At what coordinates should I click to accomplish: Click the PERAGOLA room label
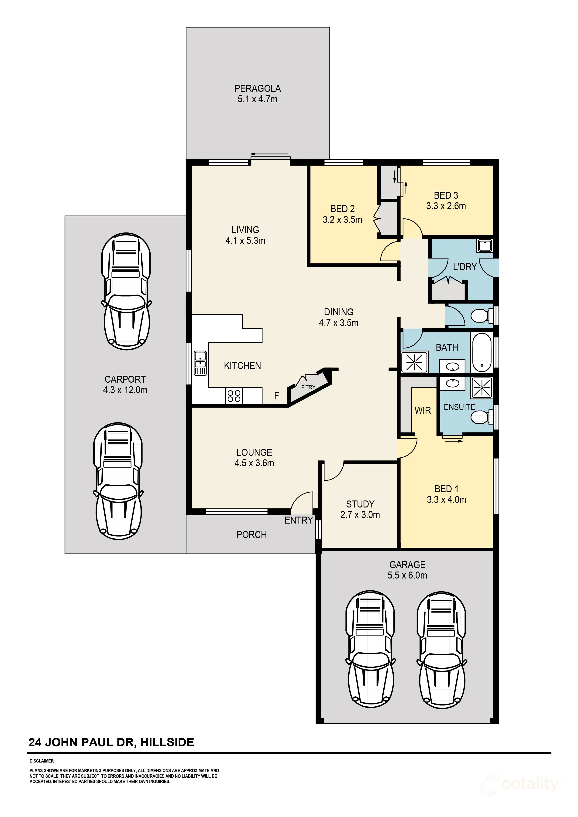pos(258,88)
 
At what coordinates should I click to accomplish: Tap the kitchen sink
pos(200,363)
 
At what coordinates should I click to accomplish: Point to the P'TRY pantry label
pos(308,387)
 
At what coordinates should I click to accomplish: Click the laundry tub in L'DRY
pos(485,245)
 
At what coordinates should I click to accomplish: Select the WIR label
pos(423,410)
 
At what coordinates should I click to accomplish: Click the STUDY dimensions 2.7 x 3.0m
pos(360,515)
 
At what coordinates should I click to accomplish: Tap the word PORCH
pos(252,534)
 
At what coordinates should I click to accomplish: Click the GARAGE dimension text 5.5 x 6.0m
pos(407,575)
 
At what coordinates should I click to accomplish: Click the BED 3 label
pos(446,195)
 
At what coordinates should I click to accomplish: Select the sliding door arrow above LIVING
pos(270,154)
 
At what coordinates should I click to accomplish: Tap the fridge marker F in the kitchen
pos(276,396)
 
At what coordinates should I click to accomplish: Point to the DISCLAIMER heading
pos(42,761)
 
